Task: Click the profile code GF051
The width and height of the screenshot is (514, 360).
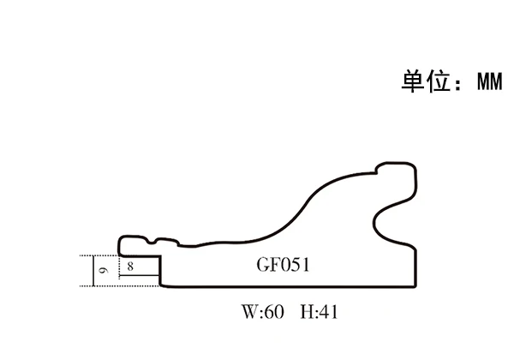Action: pyautogui.click(x=282, y=265)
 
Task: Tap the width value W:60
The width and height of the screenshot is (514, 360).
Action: pyautogui.click(x=262, y=312)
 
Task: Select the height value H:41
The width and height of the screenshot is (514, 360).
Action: pyautogui.click(x=319, y=312)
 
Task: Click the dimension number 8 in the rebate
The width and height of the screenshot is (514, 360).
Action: pyautogui.click(x=129, y=267)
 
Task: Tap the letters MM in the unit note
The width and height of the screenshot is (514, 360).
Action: pyautogui.click(x=489, y=82)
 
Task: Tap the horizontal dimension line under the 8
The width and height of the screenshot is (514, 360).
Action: pyautogui.click(x=139, y=274)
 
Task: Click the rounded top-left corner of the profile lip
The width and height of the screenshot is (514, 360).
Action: pyautogui.click(x=121, y=237)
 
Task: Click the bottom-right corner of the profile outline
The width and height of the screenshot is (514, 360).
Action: pyautogui.click(x=415, y=286)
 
